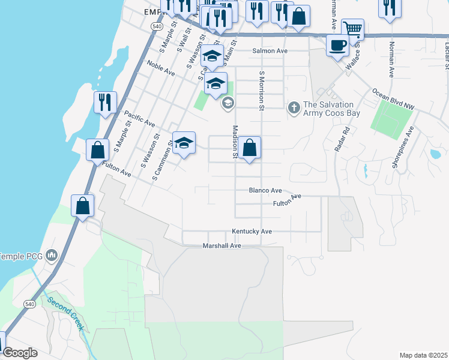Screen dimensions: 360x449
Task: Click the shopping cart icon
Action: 352,29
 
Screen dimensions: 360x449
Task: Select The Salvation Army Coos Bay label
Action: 328,109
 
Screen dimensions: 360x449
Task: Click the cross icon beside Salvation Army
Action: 294,108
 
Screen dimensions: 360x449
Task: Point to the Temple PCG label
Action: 21,256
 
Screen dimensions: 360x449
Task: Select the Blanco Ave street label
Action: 265,190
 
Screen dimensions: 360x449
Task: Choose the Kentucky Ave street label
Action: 252,231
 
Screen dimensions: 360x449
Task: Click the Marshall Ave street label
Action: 221,245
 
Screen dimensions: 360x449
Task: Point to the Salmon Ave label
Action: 270,51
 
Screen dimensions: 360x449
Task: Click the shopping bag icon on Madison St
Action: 249,148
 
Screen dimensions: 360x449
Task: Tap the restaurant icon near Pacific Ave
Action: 104,102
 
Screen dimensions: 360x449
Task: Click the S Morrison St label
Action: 262,91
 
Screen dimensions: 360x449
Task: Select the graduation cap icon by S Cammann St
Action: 184,143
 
